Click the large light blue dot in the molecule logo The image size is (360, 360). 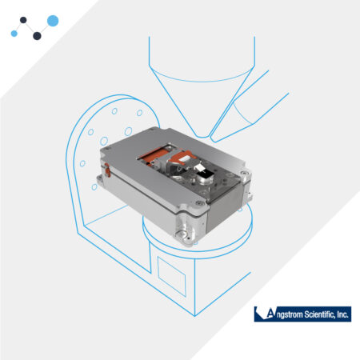[53, 21]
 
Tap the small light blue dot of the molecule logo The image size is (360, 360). [14, 34]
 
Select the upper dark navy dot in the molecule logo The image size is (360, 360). [23, 20]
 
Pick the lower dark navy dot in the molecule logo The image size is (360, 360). [37, 36]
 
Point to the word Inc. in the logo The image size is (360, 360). [342, 314]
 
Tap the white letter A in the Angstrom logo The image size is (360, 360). [270, 314]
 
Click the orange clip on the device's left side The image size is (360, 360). [107, 170]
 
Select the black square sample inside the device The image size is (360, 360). [206, 175]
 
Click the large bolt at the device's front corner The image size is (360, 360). [182, 234]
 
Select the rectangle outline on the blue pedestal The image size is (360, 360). [171, 276]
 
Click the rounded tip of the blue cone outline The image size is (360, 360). [203, 137]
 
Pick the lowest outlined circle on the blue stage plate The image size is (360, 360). [94, 187]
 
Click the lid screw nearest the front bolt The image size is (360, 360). [199, 203]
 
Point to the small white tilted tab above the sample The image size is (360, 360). [198, 168]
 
